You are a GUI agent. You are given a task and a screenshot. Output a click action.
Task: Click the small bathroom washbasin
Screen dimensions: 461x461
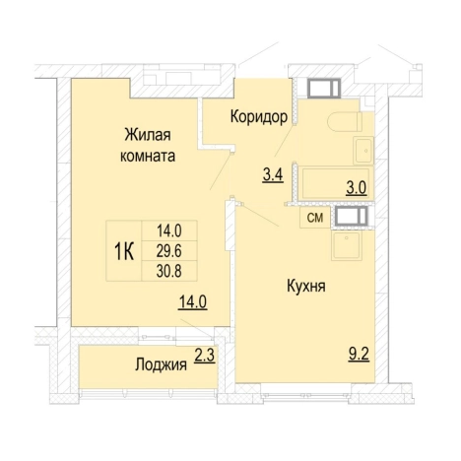click(x=361, y=151)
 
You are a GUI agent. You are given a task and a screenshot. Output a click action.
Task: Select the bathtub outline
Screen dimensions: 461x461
click(x=334, y=184)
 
